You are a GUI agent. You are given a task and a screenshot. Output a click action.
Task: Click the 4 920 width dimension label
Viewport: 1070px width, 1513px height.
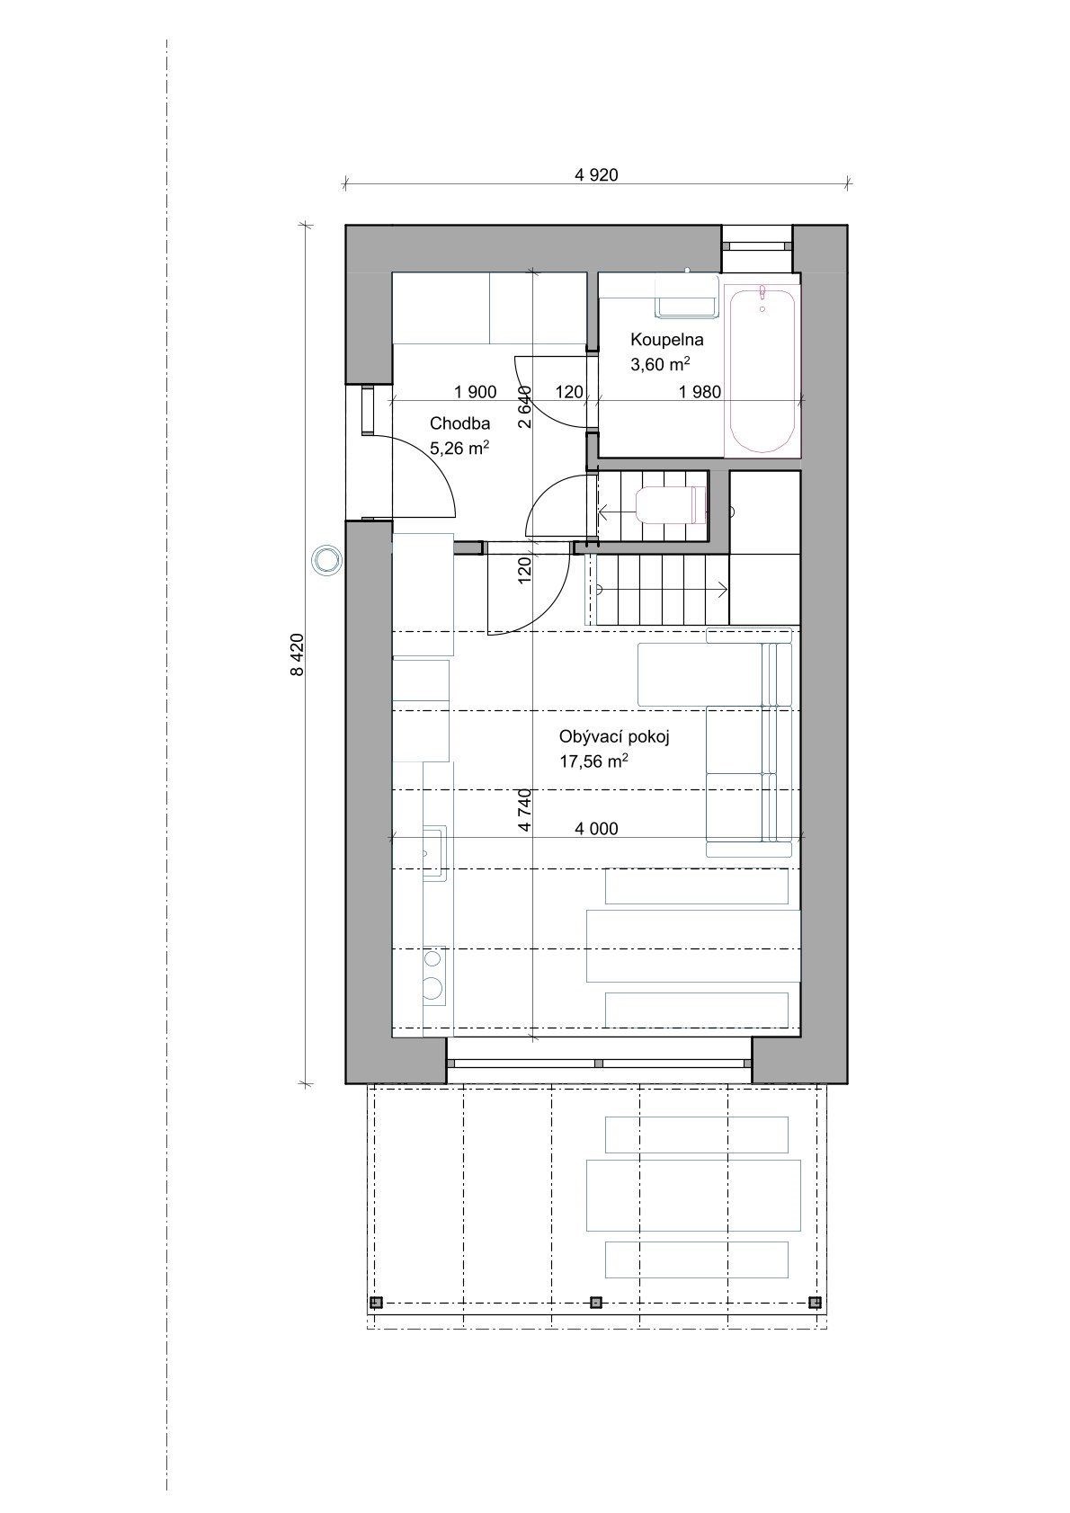tap(596, 175)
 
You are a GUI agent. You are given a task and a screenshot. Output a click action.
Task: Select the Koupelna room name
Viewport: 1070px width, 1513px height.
tap(657, 339)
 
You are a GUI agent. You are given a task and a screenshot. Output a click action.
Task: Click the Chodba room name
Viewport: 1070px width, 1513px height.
tap(460, 423)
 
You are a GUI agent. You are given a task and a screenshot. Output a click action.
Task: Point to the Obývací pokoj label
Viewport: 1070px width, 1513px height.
tap(613, 737)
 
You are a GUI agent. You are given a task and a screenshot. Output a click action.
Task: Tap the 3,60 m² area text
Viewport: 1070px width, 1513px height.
tap(660, 364)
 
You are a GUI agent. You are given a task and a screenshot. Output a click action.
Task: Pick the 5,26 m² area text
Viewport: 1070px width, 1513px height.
tap(459, 447)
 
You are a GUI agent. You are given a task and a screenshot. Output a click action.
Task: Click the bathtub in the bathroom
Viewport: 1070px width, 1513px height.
tap(762, 370)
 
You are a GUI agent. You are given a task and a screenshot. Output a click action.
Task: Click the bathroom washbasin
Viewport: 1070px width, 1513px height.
tap(686, 298)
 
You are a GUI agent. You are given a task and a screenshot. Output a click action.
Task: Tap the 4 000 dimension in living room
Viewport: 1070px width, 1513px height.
tap(596, 828)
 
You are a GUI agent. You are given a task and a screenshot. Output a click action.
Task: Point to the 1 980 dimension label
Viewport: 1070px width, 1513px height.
tap(700, 392)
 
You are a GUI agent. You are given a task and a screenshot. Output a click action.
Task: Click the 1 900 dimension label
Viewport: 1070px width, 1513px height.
tap(476, 392)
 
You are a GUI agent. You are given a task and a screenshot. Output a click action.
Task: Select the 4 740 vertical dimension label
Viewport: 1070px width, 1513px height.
tap(525, 810)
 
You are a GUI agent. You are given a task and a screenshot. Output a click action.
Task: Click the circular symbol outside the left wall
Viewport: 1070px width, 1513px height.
tap(327, 559)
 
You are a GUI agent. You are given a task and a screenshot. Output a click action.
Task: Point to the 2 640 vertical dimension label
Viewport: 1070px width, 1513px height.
tap(525, 406)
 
